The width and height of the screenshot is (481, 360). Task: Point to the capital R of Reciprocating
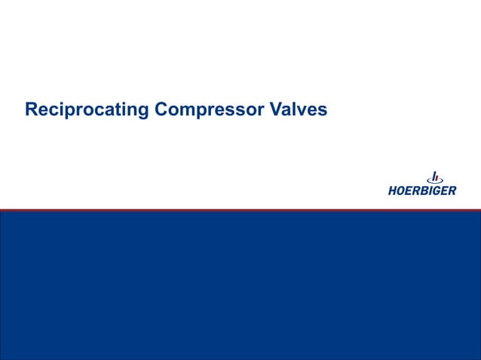pyautogui.click(x=31, y=110)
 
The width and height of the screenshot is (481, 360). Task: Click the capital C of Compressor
pyautogui.click(x=161, y=110)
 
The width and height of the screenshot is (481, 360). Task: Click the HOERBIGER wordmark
pyautogui.click(x=421, y=191)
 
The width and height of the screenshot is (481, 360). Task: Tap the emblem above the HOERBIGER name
pyautogui.click(x=434, y=177)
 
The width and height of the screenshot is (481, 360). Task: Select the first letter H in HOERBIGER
pyautogui.click(x=394, y=191)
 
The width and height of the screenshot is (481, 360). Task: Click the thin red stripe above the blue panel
pyautogui.click(x=240, y=209)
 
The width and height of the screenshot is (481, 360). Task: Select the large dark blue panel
pyautogui.click(x=240, y=286)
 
